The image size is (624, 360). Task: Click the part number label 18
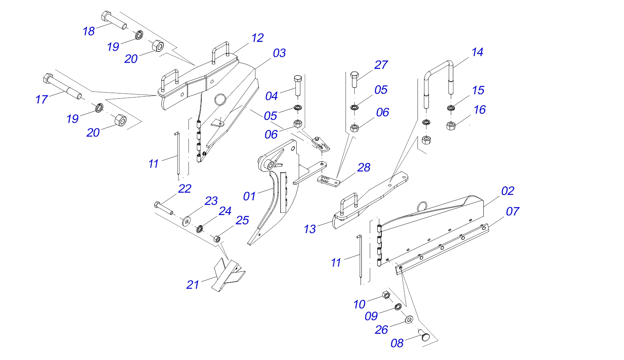(89, 31)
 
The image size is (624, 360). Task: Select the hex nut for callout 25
(217, 239)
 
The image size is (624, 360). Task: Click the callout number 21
(193, 285)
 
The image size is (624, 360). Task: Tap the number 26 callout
(381, 330)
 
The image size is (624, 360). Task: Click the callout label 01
(249, 196)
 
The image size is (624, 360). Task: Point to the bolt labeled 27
(354, 79)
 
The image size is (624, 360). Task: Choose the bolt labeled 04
(298, 85)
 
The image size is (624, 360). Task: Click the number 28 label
(364, 167)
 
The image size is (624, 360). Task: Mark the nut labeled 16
(451, 126)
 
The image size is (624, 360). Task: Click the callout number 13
(310, 229)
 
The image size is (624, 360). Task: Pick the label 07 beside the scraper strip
(513, 211)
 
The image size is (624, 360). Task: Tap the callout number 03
(279, 53)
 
